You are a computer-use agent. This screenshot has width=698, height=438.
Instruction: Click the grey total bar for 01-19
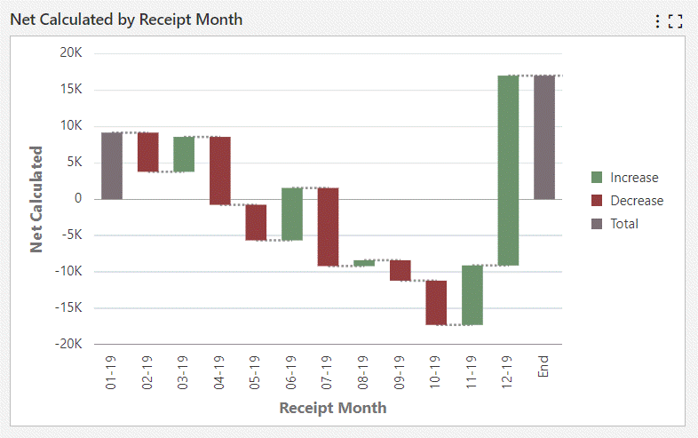point(112,165)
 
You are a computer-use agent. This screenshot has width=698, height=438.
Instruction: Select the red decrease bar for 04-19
point(220,171)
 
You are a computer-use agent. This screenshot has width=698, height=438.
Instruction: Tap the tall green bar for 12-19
point(508,171)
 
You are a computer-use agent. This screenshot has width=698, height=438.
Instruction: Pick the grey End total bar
point(544,138)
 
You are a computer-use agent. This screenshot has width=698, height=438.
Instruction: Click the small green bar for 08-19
point(364,263)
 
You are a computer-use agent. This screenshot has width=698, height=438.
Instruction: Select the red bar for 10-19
point(436,302)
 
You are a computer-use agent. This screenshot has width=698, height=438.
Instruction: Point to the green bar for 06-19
point(292,213)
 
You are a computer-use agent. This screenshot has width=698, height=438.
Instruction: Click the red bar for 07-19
point(329,227)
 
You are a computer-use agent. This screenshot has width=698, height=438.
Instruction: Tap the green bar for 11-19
point(472,295)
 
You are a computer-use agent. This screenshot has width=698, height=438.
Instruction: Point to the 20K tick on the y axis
point(71,52)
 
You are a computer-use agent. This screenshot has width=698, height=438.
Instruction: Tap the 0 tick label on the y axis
point(78,199)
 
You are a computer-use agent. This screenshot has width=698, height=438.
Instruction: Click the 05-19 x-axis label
point(256,373)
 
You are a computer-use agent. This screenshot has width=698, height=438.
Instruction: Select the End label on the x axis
point(544,366)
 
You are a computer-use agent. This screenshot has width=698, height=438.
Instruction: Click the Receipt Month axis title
point(333,408)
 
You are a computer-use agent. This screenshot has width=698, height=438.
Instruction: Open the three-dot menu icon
point(657,20)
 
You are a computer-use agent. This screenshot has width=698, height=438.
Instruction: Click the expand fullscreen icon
point(675,20)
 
